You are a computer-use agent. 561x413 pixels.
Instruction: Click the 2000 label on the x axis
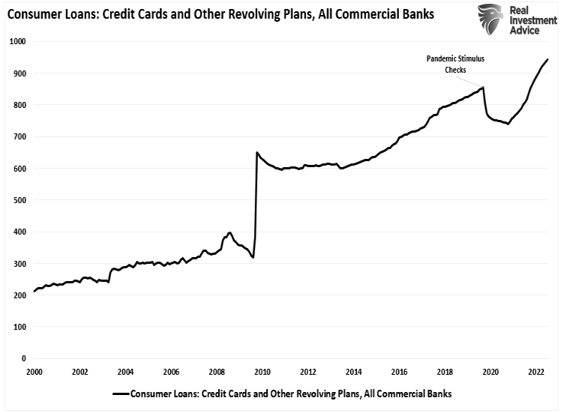34,372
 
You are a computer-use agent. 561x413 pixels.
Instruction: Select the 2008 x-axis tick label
217,372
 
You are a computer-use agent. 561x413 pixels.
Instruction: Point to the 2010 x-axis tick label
262,372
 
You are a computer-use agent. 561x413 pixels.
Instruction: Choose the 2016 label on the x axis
399,372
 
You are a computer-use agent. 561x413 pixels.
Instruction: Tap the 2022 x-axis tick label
535,372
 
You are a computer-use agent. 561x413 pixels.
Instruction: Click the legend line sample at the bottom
120,394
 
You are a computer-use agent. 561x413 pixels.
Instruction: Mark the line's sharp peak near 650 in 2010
257,152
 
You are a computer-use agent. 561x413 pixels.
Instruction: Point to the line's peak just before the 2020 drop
483,87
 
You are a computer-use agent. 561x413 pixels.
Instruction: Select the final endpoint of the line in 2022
547,59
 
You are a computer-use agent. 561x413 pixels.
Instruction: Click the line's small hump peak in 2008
229,232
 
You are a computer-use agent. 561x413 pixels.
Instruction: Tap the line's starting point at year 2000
34,292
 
